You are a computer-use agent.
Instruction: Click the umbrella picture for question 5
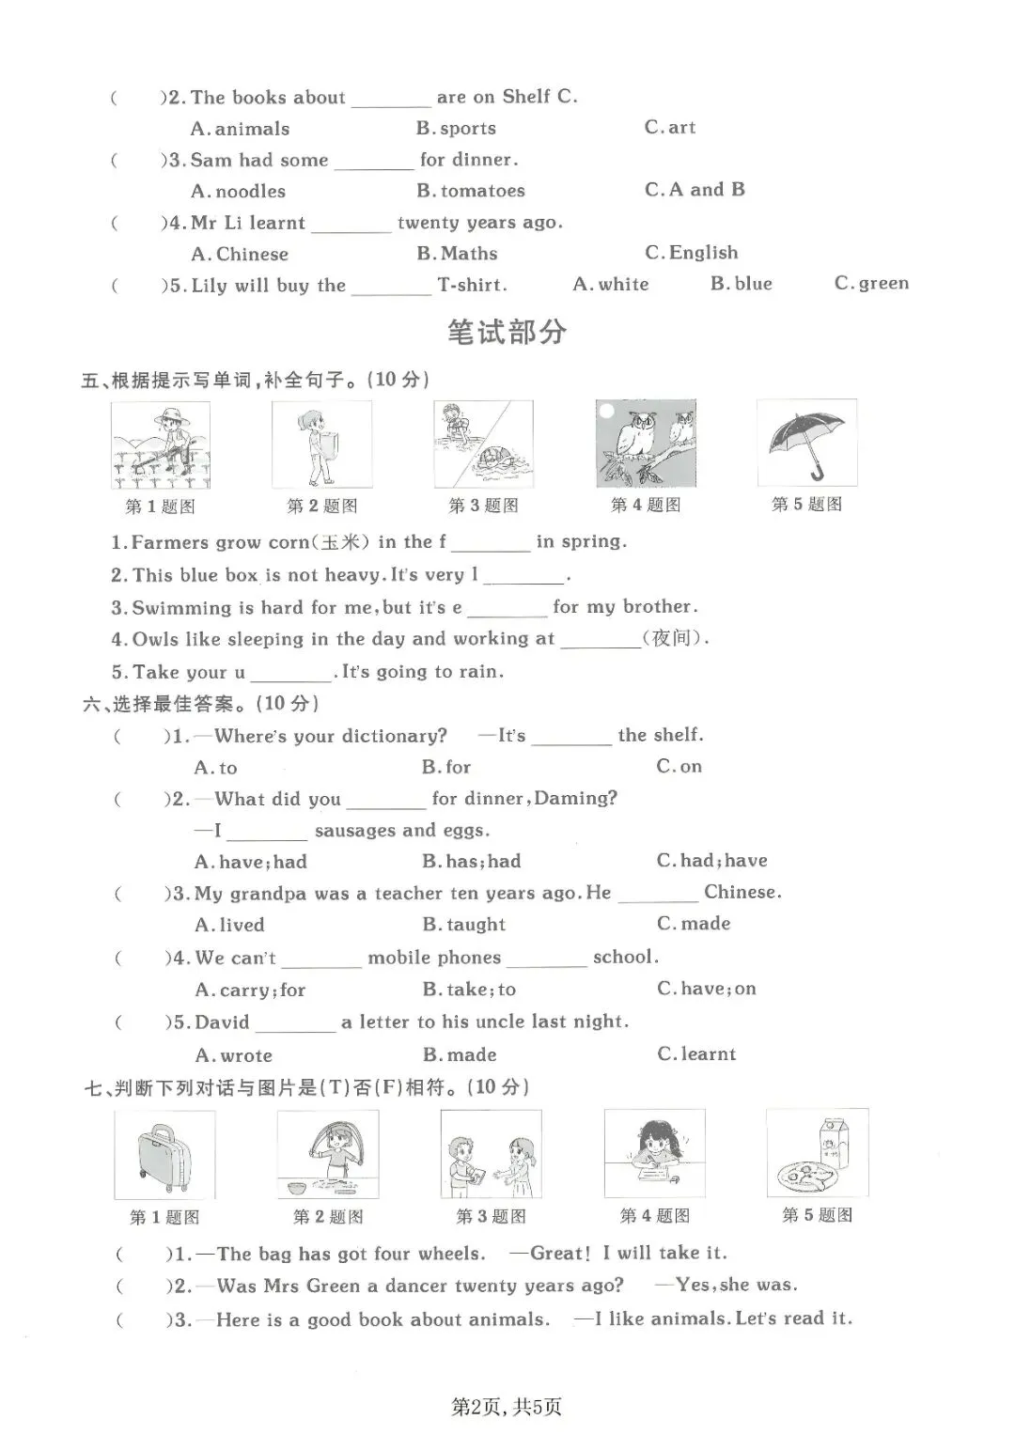coord(806,443)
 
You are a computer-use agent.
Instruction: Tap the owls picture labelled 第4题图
coord(646,443)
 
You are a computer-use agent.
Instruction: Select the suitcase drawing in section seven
coord(164,1155)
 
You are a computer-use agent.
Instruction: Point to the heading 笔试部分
coord(507,332)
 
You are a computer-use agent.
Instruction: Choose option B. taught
coord(463,925)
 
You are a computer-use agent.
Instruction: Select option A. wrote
coord(233,1055)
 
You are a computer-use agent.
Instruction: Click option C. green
coord(871,284)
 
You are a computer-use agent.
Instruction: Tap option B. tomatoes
coord(471,191)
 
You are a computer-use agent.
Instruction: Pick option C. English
coord(692,253)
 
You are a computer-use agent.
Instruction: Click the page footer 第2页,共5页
coord(507,1406)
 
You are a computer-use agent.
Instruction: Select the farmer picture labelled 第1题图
coord(161,445)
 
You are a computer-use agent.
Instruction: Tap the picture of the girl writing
coord(654,1153)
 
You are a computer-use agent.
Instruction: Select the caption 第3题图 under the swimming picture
coord(483,506)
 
